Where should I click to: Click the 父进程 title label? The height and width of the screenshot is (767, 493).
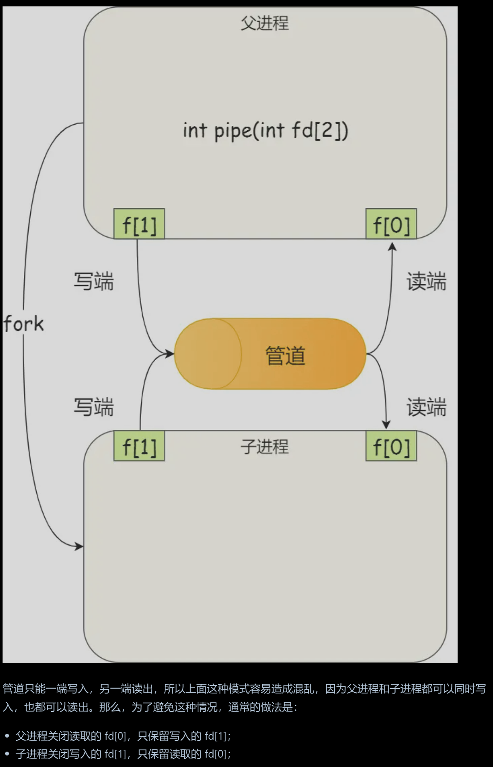coord(264,23)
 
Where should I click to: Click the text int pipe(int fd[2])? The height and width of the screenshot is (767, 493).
coord(265,131)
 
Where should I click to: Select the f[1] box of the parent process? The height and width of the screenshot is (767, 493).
coord(139,224)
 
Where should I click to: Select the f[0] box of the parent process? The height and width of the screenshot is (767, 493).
coord(391,224)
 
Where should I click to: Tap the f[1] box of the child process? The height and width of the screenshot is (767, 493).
coord(139,446)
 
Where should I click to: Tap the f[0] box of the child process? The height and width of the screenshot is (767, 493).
coord(391,446)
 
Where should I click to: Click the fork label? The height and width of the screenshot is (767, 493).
coord(23,324)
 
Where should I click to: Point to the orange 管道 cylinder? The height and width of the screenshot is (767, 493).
coord(270,354)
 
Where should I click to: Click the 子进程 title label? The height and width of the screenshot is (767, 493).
coord(264,446)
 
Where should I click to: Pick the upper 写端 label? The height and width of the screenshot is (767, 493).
coord(94,282)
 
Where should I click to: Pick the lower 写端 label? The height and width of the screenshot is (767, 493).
coord(94,407)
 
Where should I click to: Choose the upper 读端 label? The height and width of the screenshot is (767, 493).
coord(426,282)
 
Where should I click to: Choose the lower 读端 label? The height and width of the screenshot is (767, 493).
coord(426,407)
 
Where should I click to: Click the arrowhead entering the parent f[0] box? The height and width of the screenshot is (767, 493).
coord(392,246)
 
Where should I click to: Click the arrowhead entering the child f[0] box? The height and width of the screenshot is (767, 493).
coord(386,425)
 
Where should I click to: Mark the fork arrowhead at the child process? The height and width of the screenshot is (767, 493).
coord(79,546)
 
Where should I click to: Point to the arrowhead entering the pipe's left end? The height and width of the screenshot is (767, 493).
coord(170,353)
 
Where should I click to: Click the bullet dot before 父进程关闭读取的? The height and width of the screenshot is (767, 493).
coord(7,736)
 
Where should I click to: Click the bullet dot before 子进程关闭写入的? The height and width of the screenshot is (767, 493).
coord(7,754)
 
